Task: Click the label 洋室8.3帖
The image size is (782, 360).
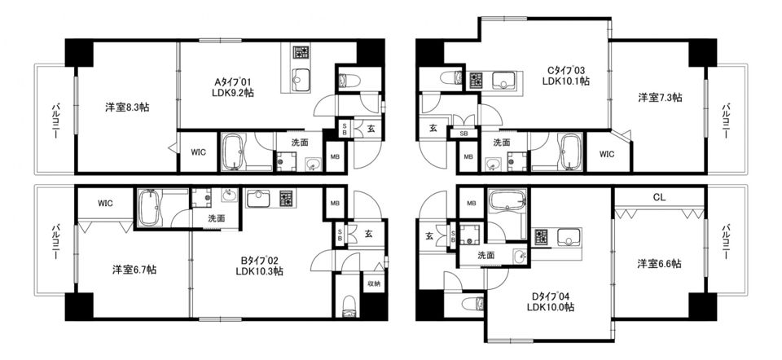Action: pos(127,107)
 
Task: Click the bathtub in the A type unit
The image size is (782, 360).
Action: pos(232,151)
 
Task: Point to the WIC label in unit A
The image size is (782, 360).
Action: pos(198,152)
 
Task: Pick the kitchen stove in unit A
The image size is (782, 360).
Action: pos(301,52)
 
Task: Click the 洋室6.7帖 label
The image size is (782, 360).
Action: pos(134,270)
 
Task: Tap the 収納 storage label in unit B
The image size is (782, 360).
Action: pos(374,283)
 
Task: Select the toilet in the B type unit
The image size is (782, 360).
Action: pos(349,305)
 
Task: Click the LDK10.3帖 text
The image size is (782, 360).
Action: pos(260,272)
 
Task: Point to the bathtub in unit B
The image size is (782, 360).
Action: pos(148,208)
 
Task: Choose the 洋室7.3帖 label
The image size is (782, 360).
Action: pos(661,98)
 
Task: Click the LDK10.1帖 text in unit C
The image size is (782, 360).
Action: pos(567,81)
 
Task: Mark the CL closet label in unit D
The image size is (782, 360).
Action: pos(659,197)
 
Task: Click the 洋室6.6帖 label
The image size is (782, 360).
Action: pos(659,264)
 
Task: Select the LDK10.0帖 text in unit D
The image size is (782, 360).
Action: pos(551,306)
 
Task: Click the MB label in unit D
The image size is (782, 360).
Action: pos(472,204)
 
